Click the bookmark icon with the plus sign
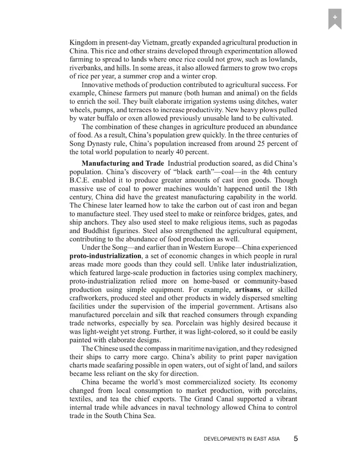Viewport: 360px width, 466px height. click(335, 18)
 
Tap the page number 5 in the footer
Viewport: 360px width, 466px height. click(295, 439)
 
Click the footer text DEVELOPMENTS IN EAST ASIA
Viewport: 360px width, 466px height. click(241, 439)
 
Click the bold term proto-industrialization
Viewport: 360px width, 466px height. click(105, 256)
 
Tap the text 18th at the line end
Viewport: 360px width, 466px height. click(290, 189)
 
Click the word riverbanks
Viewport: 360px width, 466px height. click(85, 68)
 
